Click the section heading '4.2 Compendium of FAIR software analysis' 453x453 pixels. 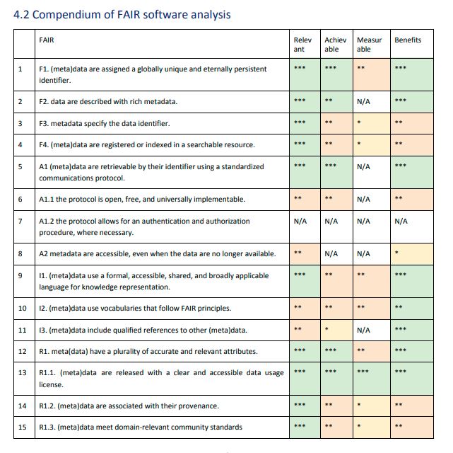122,14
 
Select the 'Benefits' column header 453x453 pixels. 408,40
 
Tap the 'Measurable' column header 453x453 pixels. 369,45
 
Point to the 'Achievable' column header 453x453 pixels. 335,45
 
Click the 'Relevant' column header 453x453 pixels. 302,45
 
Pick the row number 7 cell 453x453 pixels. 24,226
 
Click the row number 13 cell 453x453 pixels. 24,379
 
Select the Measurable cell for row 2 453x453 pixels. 372,102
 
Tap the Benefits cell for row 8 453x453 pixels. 412,254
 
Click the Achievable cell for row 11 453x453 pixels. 336,331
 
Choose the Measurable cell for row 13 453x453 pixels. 372,379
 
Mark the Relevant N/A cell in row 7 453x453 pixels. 300,222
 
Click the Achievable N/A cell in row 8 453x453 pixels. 331,253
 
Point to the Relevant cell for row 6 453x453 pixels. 305,200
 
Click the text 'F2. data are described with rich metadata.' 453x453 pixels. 108,101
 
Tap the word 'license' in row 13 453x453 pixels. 51,385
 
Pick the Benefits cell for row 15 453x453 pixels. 412,428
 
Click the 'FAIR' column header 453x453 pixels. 46,40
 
